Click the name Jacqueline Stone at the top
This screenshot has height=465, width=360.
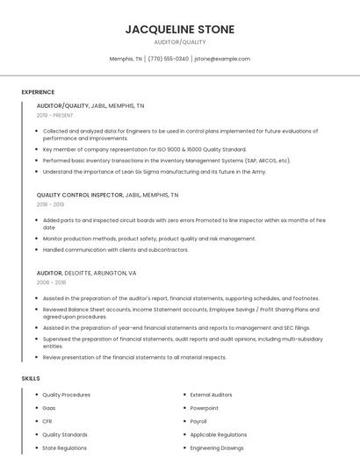[180, 29]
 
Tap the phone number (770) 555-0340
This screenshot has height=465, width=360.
[169, 59]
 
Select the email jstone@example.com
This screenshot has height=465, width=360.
[222, 59]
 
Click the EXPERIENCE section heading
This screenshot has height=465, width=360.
[38, 91]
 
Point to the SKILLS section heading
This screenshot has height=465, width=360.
[31, 378]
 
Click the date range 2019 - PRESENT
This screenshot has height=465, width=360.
[54, 115]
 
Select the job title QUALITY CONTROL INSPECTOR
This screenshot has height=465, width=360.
[79, 195]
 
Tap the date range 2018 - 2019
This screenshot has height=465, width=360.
[50, 204]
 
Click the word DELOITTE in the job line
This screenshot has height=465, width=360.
[77, 273]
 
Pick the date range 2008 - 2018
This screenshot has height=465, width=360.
[51, 283]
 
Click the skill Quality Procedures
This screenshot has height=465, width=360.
[66, 395]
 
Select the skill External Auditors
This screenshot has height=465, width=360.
[211, 395]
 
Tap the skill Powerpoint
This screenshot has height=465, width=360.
[205, 408]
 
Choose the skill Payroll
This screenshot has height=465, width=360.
[198, 421]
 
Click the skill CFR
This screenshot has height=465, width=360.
[47, 421]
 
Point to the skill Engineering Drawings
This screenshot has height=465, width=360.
[217, 447]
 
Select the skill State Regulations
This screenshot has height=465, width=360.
[64, 447]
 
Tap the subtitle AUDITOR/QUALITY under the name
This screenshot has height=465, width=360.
[180, 42]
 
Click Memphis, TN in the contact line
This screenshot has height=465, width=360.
[126, 59]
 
